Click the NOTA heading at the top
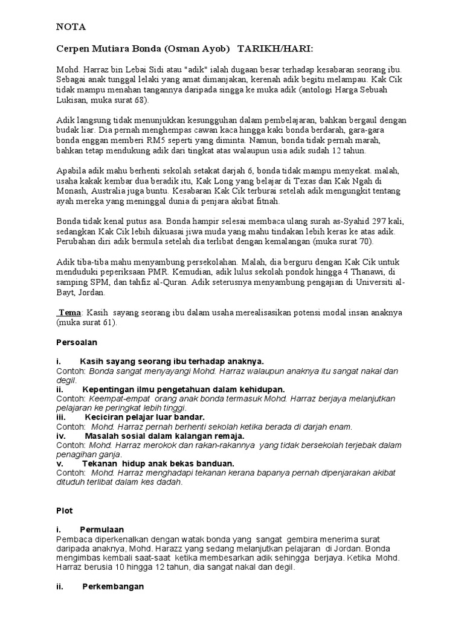pyautogui.click(x=71, y=27)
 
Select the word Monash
pyautogui.click(x=71, y=191)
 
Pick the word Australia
pyautogui.click(x=117, y=191)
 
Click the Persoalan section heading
pyautogui.click(x=76, y=342)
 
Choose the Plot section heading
pyautogui.click(x=63, y=511)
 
